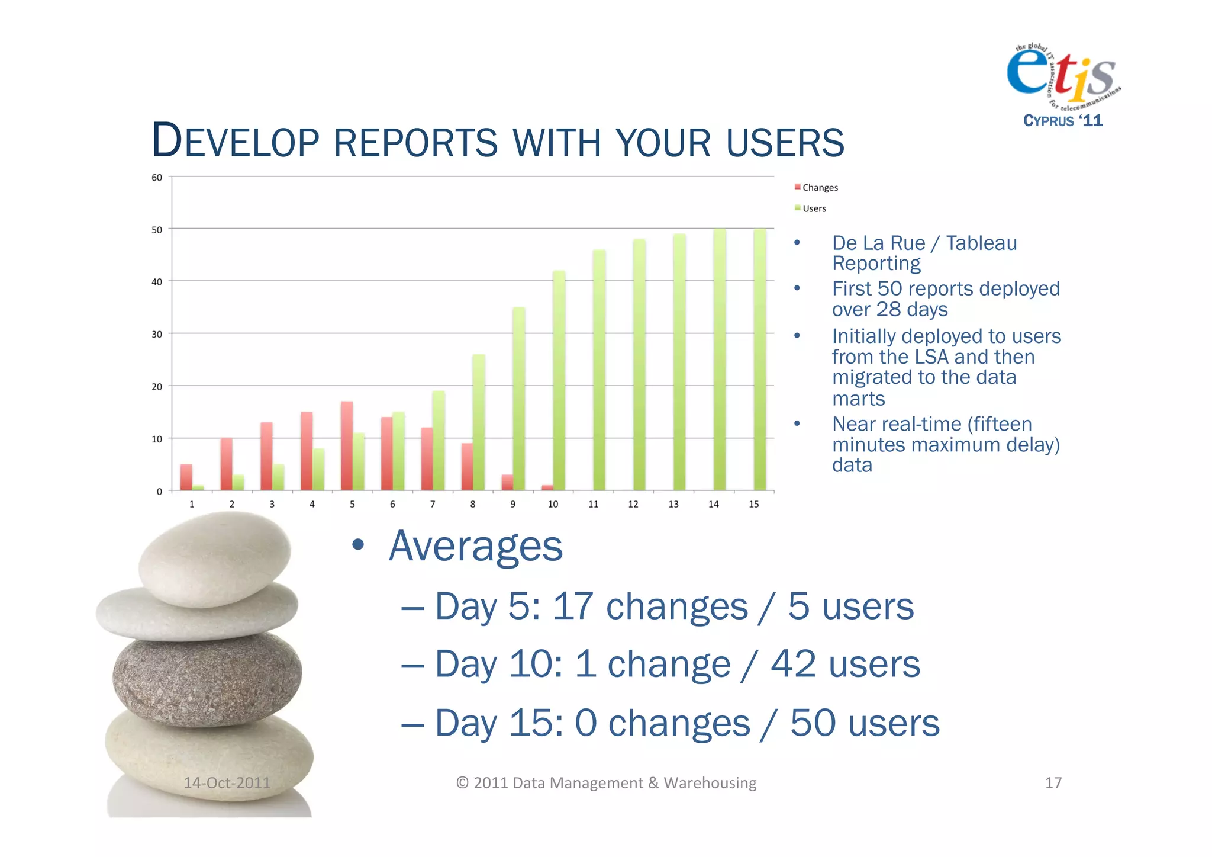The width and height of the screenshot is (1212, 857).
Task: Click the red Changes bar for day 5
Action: coord(347,445)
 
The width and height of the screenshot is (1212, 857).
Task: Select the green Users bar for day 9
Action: coord(518,398)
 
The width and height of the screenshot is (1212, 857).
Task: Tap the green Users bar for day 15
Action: coord(759,359)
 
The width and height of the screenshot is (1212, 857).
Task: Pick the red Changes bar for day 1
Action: coord(186,477)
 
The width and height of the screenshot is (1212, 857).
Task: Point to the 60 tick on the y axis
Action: coord(157,178)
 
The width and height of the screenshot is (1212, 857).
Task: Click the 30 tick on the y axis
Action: coord(157,335)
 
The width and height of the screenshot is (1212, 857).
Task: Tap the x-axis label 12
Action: coord(633,504)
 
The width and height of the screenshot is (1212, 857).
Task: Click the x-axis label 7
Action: coord(433,504)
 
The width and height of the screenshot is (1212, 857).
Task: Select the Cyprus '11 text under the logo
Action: coord(1063,121)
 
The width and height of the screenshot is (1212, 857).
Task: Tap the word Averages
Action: coord(475,546)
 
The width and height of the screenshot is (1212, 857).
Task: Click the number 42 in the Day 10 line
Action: coord(793,663)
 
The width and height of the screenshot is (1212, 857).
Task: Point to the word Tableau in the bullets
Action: coord(981,243)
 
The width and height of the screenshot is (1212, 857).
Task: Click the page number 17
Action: coord(1053,783)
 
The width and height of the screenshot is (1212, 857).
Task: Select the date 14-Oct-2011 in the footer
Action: coord(227,783)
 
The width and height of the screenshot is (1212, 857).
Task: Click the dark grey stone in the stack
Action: coord(207,678)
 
